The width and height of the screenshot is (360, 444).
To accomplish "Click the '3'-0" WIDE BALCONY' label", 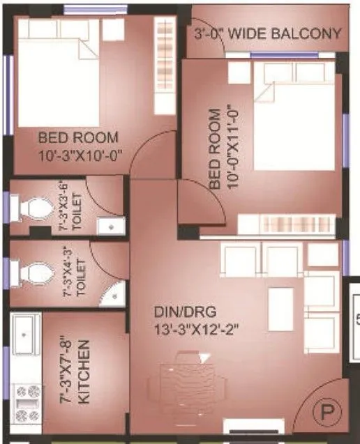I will click(268, 33).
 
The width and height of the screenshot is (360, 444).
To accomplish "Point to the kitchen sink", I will click(26, 335).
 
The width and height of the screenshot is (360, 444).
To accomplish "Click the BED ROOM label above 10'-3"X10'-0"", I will click(78, 137).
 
